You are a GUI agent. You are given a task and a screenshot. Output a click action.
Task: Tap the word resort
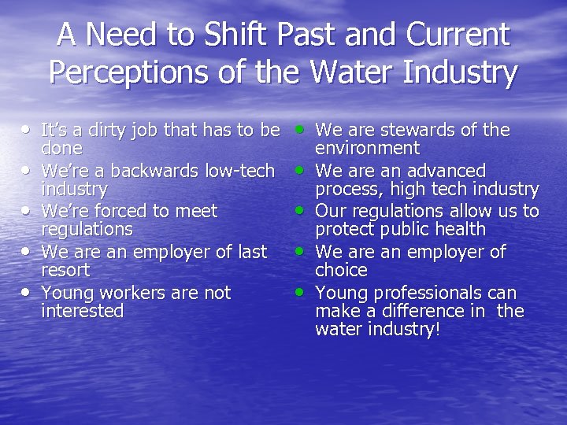65,271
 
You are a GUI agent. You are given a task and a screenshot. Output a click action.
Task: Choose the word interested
82,312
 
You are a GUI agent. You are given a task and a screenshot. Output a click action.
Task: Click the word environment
367,148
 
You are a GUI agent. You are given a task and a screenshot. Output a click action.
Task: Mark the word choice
341,271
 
